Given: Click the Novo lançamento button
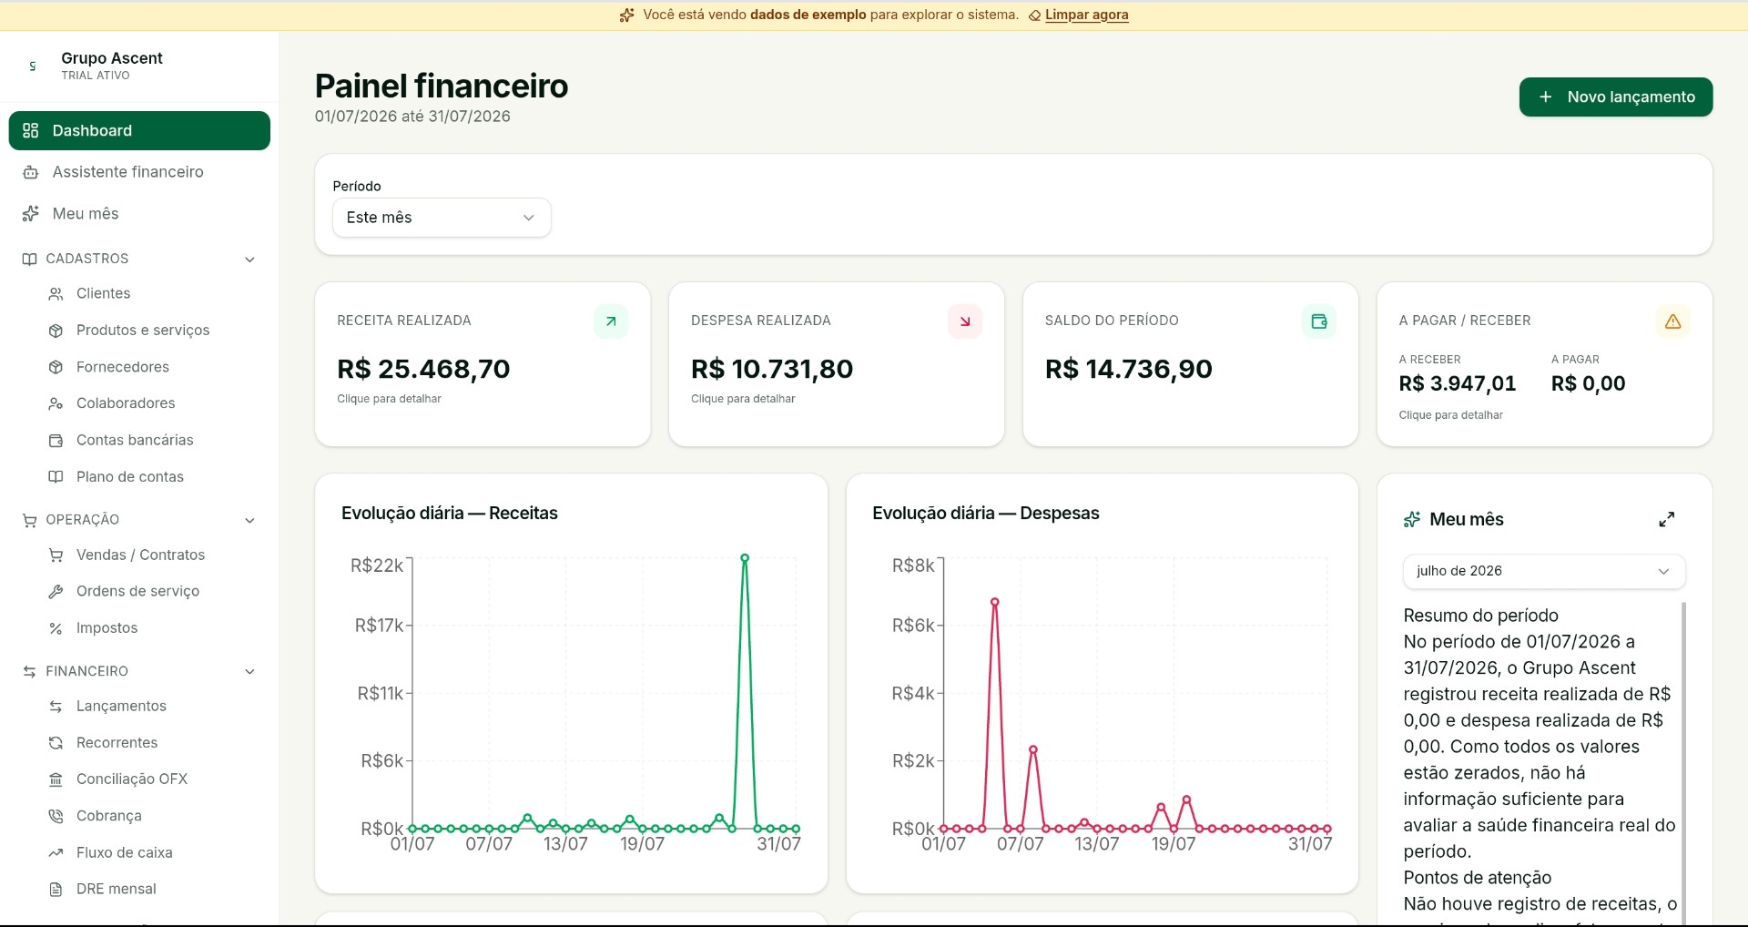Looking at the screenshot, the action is tap(1616, 97).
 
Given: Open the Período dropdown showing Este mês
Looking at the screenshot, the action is tap(442, 218).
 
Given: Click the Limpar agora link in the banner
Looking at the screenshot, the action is tap(1086, 15).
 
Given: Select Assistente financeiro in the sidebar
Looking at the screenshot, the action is tap(127, 172).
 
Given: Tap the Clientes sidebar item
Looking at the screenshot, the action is tap(103, 293).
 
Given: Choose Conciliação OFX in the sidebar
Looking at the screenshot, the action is tap(132, 779).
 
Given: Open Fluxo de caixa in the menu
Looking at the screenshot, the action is tap(125, 852).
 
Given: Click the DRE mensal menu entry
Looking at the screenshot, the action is tap(117, 889).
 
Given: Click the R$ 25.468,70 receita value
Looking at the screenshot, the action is tap(423, 369).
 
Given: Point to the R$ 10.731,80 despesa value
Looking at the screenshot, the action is tap(772, 369).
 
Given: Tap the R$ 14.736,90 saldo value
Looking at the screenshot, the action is tap(1129, 369).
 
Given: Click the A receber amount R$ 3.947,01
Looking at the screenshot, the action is tap(1458, 383).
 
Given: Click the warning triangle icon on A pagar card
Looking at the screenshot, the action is tap(1673, 321).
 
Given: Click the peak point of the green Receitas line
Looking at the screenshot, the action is tap(745, 558).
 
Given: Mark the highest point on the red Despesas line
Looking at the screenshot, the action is tap(995, 602).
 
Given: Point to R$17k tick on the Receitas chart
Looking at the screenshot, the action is tap(380, 626).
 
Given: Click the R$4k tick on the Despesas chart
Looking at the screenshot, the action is tap(913, 694).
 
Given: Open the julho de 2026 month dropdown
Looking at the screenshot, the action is tap(1544, 571).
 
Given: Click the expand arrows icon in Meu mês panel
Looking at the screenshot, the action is tap(1667, 519).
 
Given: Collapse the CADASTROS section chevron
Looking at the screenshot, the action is tap(250, 260).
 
